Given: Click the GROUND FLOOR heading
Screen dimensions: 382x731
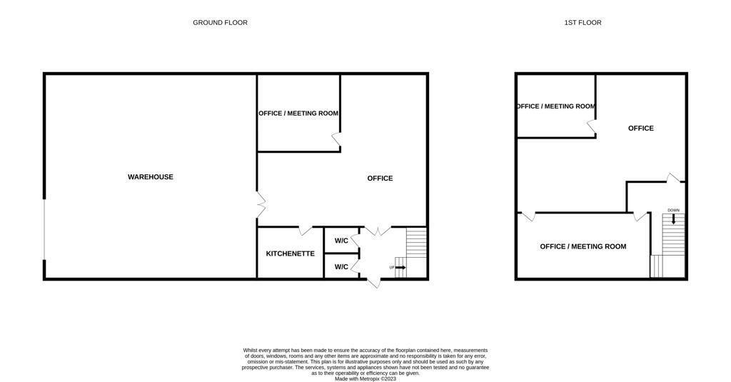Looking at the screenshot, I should (x=220, y=23).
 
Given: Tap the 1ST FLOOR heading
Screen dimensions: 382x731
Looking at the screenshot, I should (x=583, y=23).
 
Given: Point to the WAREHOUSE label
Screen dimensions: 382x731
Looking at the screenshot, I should (x=150, y=177).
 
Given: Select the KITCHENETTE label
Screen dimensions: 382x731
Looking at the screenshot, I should (x=290, y=253).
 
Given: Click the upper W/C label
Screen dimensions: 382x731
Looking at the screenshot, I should (x=341, y=241).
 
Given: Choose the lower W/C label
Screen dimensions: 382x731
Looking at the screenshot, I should (x=341, y=267).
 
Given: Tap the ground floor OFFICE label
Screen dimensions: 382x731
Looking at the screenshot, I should (x=380, y=179).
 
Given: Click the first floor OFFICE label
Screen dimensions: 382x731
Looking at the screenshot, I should (x=640, y=129).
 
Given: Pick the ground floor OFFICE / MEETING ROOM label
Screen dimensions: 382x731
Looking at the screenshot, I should (x=298, y=114).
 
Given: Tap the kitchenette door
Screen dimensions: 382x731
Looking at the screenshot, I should (x=305, y=231).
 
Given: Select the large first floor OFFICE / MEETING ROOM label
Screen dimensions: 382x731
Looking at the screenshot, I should (x=583, y=246).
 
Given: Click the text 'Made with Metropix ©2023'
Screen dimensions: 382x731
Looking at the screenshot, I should (x=365, y=378).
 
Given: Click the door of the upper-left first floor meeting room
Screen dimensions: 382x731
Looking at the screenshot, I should (x=592, y=127).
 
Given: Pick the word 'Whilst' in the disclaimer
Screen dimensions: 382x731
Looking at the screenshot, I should (x=251, y=350).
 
